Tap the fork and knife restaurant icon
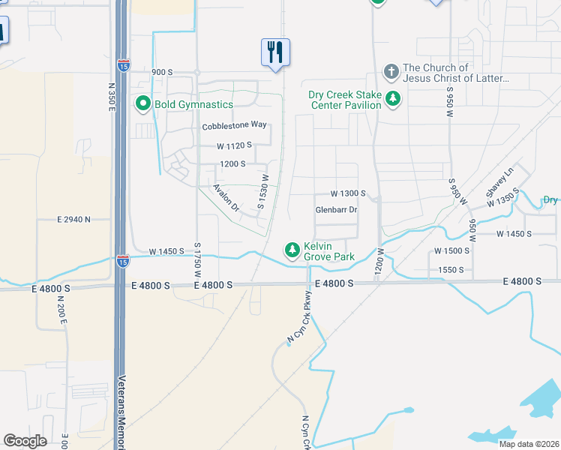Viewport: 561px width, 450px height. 274,52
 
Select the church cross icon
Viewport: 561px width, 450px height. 391,73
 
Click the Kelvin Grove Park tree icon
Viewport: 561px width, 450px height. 291,250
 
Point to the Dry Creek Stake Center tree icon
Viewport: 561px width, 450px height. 391,99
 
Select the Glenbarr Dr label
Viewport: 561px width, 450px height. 336,210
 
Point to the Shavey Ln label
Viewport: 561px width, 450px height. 500,182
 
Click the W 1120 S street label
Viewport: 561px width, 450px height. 234,145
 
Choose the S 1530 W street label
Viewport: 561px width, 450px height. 262,192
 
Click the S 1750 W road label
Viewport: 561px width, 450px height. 198,259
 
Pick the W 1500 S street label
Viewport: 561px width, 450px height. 452,250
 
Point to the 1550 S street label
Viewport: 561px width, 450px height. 451,270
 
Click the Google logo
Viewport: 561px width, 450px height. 25,441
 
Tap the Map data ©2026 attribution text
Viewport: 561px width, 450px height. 528,444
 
